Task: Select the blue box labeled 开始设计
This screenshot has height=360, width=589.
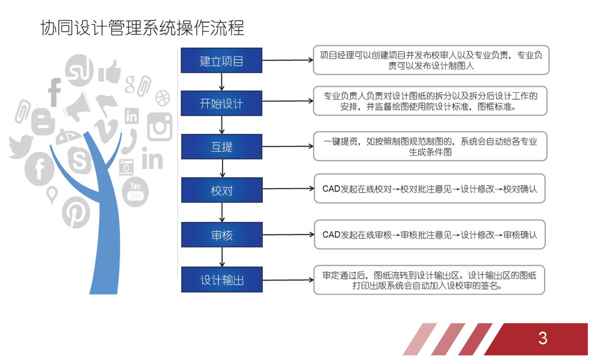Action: pos(221,104)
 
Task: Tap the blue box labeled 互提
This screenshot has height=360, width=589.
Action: pos(221,147)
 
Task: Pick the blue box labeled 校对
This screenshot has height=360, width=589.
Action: pos(221,191)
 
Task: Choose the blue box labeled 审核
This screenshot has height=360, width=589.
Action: pos(221,235)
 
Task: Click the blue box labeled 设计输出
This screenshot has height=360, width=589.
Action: pos(221,280)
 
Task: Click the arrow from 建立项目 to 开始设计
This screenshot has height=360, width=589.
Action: pos(222,82)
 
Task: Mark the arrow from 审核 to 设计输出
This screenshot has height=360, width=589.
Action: pos(222,258)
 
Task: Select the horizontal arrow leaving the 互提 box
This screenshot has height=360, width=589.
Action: pos(288,147)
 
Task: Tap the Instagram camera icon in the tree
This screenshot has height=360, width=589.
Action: pos(160,126)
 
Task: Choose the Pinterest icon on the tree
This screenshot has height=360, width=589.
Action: pos(75,212)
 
